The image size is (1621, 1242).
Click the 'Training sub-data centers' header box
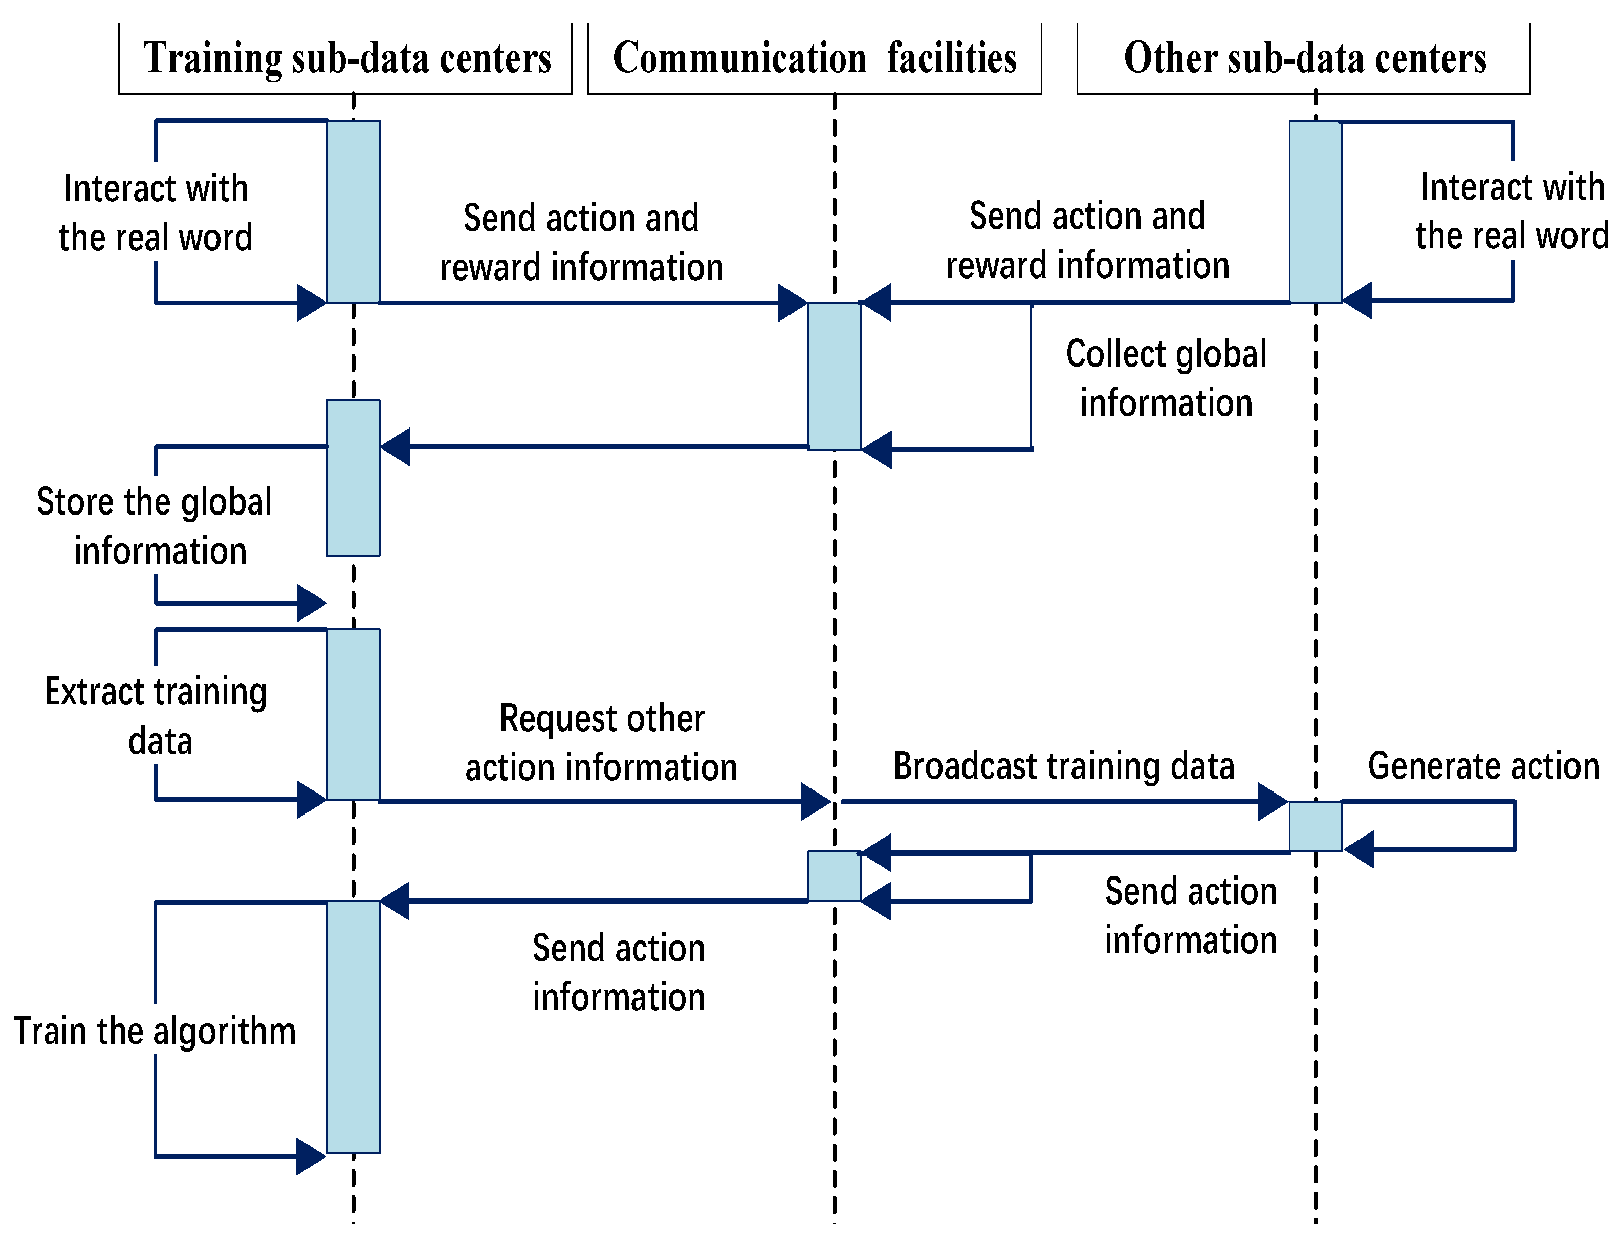(345, 58)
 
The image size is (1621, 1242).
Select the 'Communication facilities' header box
(814, 58)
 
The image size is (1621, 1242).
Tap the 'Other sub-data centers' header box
(1303, 58)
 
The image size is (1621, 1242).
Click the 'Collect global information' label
(1166, 378)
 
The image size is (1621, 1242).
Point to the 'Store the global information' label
(155, 526)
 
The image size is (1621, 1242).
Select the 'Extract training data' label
(157, 716)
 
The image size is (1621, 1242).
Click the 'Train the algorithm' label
(155, 1031)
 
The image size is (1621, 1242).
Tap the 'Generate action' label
(1483, 765)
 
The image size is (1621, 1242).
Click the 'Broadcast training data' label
(1064, 765)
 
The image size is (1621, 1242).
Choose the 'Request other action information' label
(601, 742)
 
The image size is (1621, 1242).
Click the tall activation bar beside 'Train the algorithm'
(353, 1027)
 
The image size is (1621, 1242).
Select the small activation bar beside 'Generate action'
(1315, 826)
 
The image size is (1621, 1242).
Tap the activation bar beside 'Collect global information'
(834, 376)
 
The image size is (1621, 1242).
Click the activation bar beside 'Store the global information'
(353, 478)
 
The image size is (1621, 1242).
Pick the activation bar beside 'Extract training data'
(353, 714)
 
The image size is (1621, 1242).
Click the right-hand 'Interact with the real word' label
(1512, 211)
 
